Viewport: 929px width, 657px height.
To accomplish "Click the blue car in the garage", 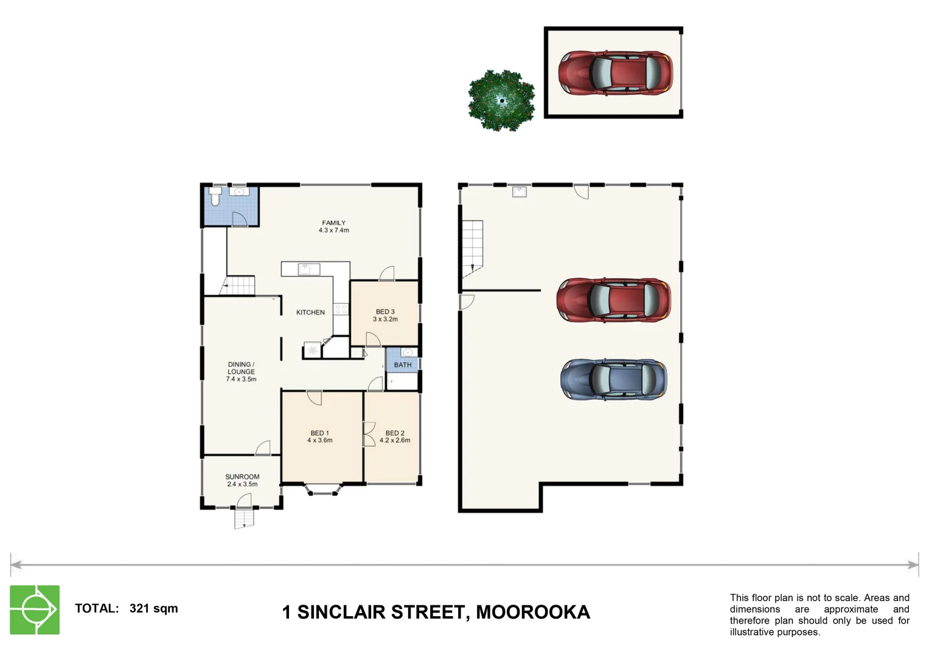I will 613,380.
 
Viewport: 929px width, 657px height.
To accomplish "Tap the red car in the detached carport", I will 615,73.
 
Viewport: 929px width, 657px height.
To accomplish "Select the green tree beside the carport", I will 501,100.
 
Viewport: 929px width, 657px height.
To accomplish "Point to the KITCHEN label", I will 310,312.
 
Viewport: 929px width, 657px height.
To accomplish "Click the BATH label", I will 402,365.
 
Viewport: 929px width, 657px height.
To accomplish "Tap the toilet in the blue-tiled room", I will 214,196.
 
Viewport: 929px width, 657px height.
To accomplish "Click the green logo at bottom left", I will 35,610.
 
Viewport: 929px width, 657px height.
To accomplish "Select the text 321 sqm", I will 153,608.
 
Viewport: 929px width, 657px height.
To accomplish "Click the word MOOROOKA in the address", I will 532,612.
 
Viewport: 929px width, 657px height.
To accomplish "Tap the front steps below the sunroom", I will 244,518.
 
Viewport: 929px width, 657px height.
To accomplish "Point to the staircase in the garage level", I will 472,246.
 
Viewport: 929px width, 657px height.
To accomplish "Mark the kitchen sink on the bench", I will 308,269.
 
